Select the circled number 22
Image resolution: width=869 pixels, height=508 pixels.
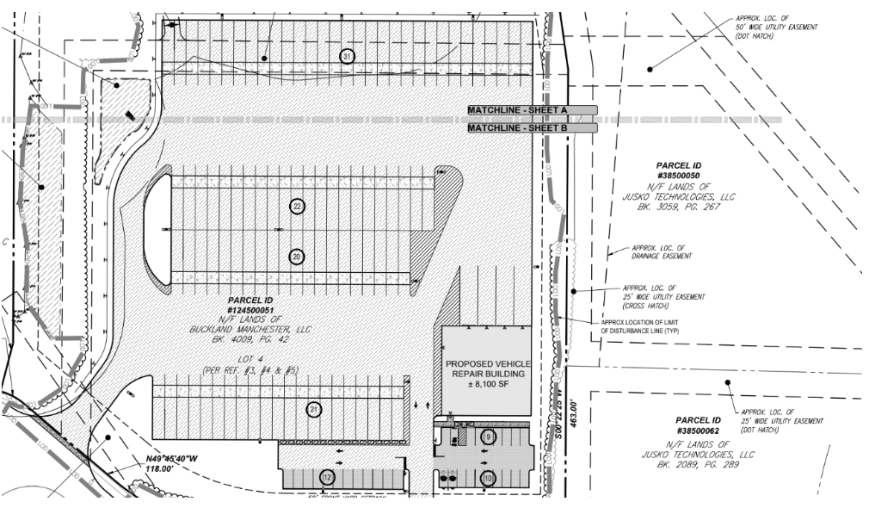(x=297, y=207)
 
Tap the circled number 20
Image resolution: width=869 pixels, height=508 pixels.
(x=297, y=257)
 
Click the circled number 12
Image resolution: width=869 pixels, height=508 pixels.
(x=327, y=477)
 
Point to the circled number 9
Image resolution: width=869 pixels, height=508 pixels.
(x=488, y=438)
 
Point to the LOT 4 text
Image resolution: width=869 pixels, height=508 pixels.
(x=251, y=359)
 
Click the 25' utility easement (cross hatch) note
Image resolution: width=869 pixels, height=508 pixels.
(x=663, y=292)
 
